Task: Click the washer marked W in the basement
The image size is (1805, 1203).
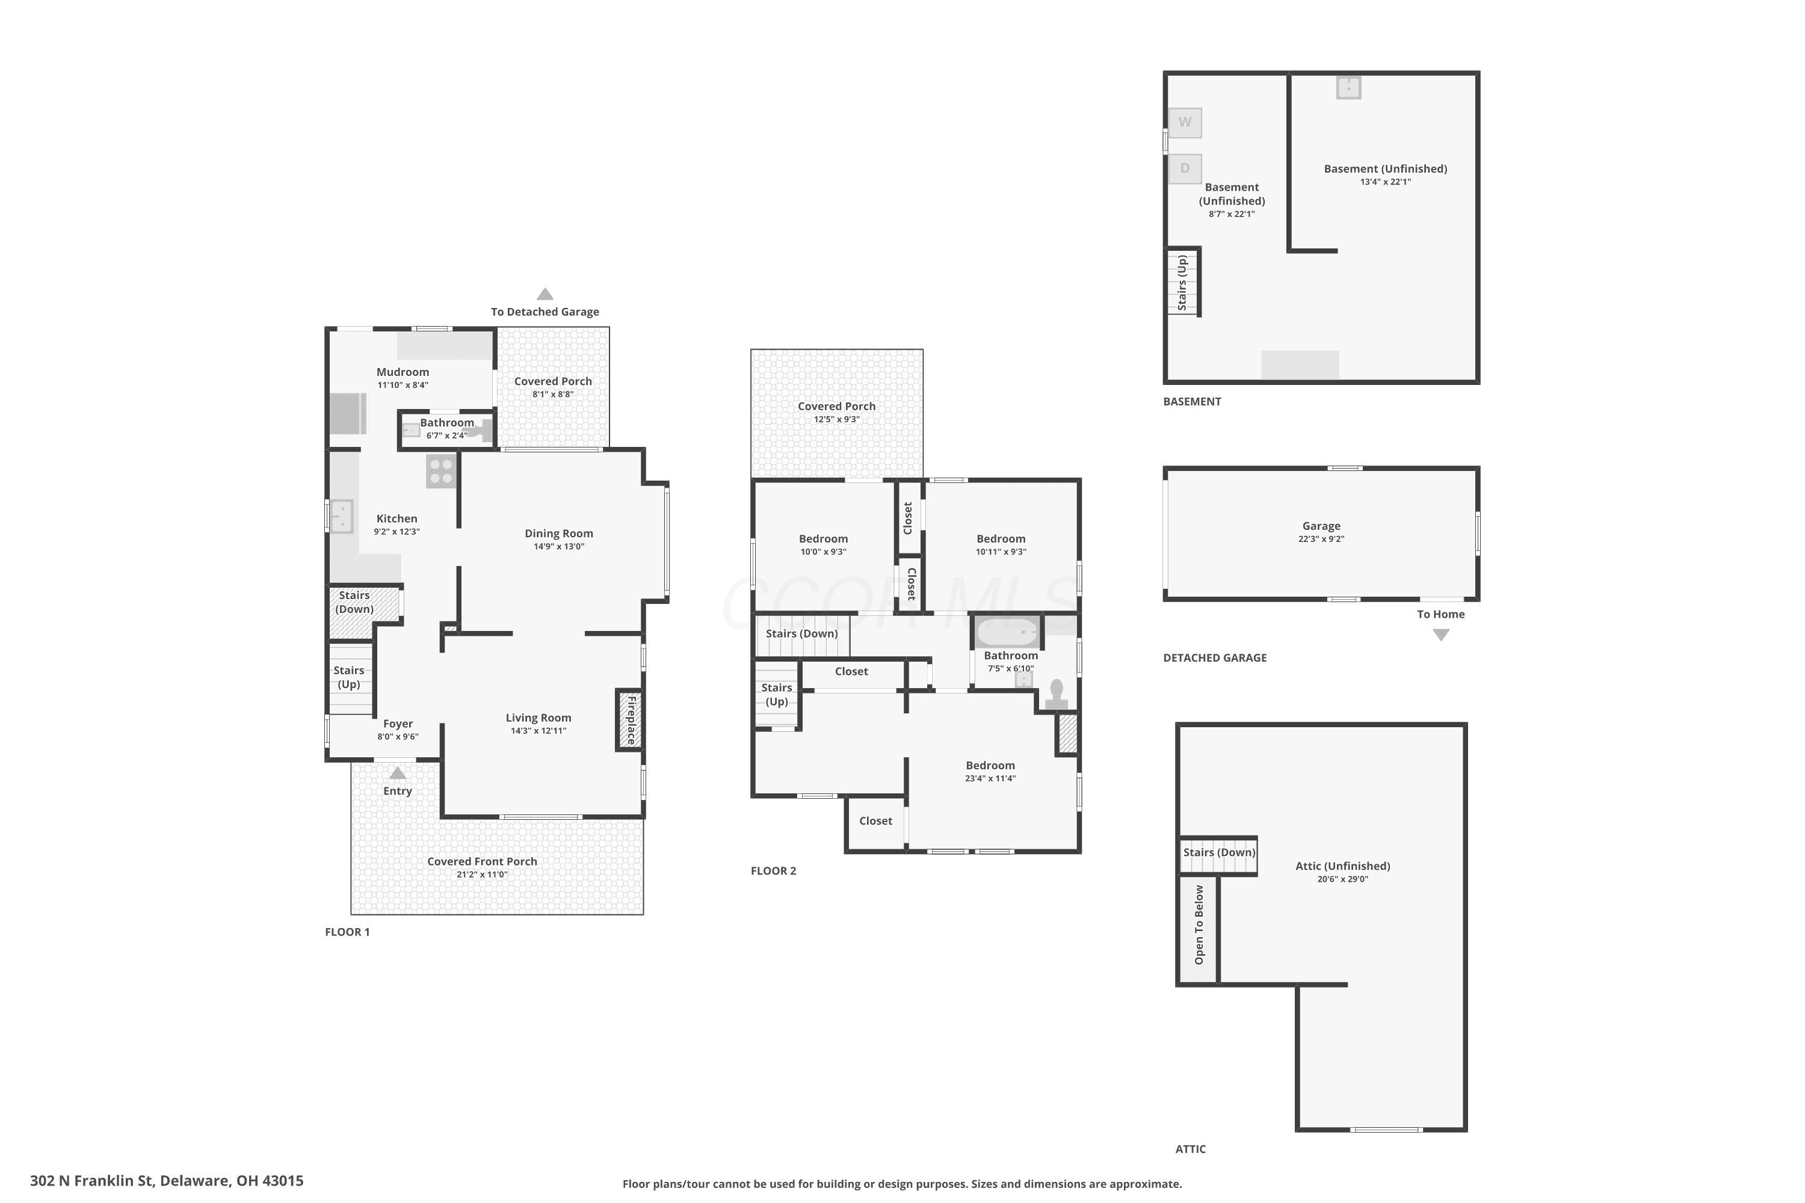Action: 1185,123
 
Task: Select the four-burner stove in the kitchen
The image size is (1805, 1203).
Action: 441,471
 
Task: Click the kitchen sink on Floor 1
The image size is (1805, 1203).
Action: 342,515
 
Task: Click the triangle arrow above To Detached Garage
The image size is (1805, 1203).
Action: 545,294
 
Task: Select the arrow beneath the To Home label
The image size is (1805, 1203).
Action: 1441,635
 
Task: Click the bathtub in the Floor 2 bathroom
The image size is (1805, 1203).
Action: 1007,633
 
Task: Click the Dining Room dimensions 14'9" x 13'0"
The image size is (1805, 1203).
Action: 559,547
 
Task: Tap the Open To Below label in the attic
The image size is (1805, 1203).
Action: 1199,925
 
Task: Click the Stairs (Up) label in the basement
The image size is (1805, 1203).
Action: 1182,282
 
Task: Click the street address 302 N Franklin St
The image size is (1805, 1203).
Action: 92,1181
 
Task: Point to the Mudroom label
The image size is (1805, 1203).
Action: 403,372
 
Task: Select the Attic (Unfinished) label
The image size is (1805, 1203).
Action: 1343,866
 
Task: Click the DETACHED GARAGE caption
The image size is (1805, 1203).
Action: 1215,657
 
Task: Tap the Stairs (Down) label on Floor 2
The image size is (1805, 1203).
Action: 802,634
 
